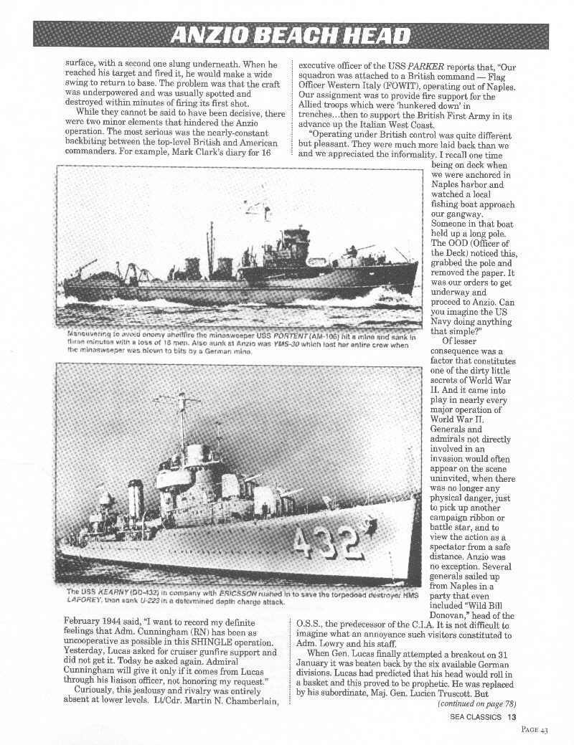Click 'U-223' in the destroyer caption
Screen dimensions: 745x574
[x=137, y=602]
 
